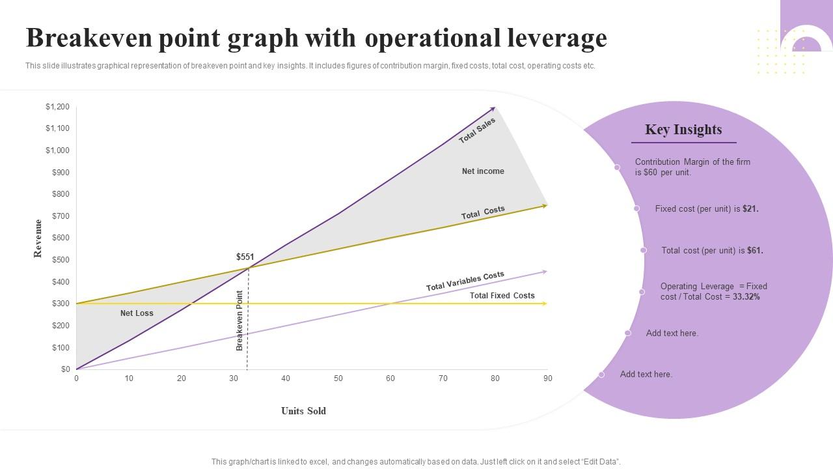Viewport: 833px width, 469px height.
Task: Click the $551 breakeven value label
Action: coord(245,257)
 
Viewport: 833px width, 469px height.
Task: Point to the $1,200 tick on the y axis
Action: coord(57,107)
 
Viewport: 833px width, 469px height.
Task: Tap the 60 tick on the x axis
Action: coord(390,378)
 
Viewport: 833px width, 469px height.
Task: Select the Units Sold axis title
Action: coord(303,411)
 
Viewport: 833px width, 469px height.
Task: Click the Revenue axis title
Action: coord(38,238)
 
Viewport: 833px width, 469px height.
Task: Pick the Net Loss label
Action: coord(137,313)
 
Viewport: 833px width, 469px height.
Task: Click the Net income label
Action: coord(483,171)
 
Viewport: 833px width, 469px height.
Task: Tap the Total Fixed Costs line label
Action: coord(502,296)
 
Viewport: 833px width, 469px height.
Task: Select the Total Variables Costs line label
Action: coord(465,281)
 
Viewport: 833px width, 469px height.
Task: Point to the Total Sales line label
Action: coord(477,131)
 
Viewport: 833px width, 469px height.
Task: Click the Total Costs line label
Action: coord(483,213)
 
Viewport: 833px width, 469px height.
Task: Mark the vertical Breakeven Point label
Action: coord(239,320)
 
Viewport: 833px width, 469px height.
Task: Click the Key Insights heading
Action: coord(683,130)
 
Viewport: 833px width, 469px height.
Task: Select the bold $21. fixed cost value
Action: coord(750,209)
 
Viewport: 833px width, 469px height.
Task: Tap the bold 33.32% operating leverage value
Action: coord(746,297)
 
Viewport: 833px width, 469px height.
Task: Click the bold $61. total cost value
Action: coord(755,250)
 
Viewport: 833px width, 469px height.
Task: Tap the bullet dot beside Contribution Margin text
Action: coord(617,167)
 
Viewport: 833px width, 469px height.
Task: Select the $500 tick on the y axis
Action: coord(61,260)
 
